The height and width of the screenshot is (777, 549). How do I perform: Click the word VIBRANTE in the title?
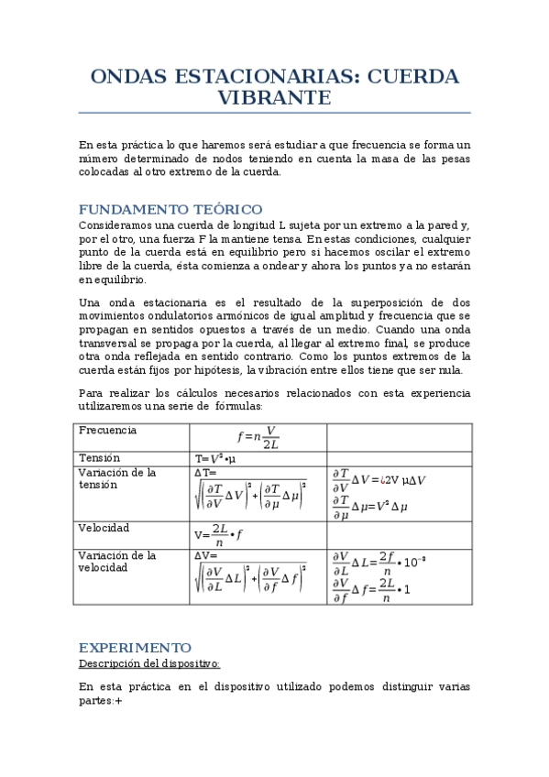[274, 97]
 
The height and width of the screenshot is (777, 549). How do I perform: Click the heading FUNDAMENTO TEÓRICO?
[170, 209]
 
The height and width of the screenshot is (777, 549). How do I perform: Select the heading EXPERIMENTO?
[135, 646]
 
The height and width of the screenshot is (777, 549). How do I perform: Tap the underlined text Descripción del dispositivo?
[149, 662]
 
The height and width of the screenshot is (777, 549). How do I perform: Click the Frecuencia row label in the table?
[107, 430]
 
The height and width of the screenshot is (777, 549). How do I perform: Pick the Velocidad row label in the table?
[104, 528]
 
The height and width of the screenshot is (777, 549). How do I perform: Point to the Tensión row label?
[100, 457]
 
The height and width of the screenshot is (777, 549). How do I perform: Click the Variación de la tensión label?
[116, 478]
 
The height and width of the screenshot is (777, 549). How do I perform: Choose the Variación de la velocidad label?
[116, 561]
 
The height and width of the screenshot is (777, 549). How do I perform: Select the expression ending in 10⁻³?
[377, 562]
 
